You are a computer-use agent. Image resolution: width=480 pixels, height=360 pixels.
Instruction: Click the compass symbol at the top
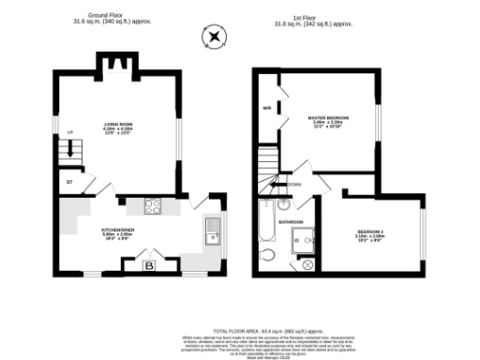pyautogui.click(x=216, y=37)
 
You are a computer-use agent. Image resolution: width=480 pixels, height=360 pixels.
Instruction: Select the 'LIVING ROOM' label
pyautogui.click(x=119, y=124)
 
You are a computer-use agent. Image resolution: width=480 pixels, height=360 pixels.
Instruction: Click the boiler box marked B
pyautogui.click(x=148, y=266)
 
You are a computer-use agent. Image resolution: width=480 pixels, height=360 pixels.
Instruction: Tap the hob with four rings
pyautogui.click(x=154, y=207)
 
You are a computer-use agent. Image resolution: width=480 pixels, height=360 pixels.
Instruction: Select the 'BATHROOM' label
pyautogui.click(x=290, y=221)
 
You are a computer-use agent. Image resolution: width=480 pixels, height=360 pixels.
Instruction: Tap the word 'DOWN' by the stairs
pyautogui.click(x=294, y=185)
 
